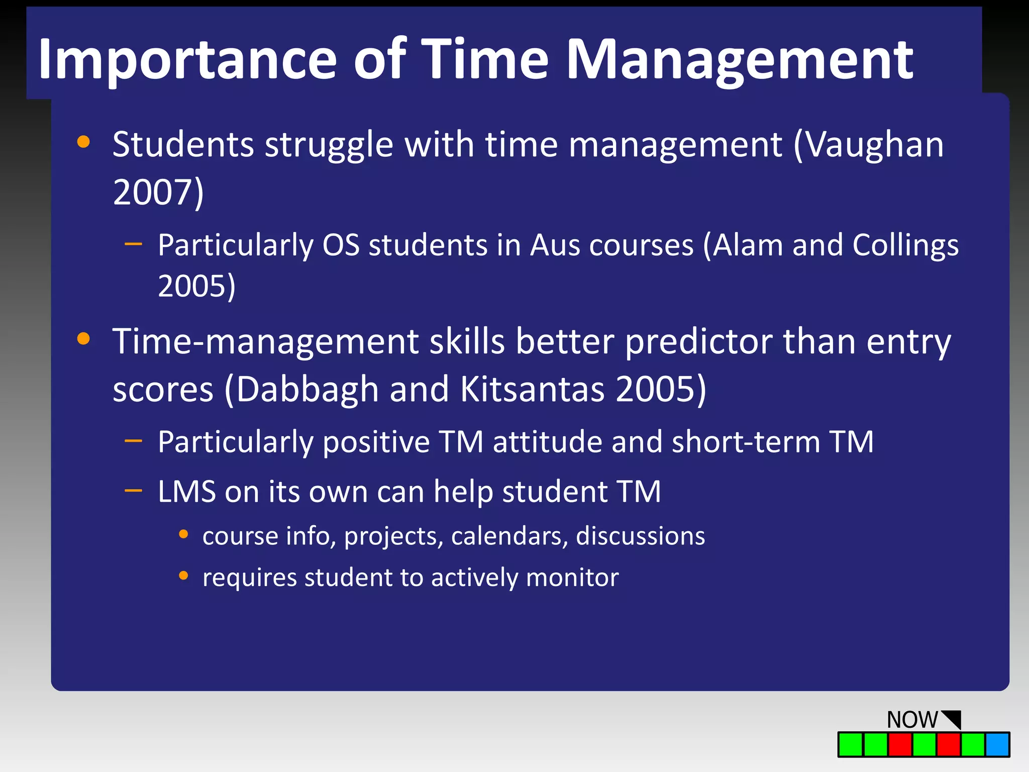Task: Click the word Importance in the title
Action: tap(187, 60)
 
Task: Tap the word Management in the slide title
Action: tap(740, 60)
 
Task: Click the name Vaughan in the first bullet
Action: tap(875, 145)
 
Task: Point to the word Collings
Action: tap(905, 245)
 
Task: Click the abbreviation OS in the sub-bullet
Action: tap(341, 245)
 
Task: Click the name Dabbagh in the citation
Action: tap(307, 389)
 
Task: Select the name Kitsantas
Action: tap(532, 389)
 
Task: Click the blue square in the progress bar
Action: tap(997, 744)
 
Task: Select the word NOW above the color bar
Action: tap(912, 720)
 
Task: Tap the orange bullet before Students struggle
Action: tap(83, 142)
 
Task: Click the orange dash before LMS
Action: tap(134, 490)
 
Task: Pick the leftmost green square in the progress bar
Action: tap(851, 744)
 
